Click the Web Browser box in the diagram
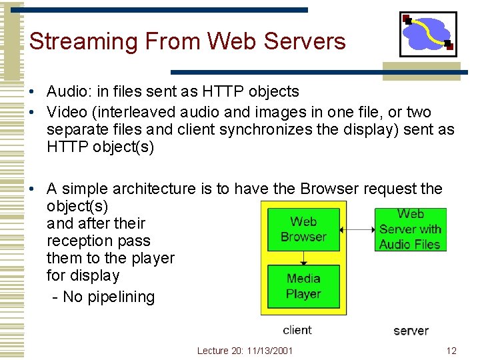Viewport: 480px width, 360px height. (x=303, y=229)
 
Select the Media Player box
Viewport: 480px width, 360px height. (x=303, y=286)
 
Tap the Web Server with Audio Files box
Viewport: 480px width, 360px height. (x=410, y=229)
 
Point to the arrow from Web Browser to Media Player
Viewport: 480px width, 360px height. (x=303, y=257)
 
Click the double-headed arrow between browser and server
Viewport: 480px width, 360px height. (x=357, y=230)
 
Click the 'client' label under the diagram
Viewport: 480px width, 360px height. (x=297, y=329)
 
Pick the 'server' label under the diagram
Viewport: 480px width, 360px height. (x=411, y=331)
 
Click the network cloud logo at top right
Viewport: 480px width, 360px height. (x=428, y=34)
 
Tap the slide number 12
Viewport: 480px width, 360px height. (x=451, y=351)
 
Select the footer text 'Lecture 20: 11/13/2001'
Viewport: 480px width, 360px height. (x=245, y=351)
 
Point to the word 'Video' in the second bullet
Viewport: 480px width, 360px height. (x=67, y=112)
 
